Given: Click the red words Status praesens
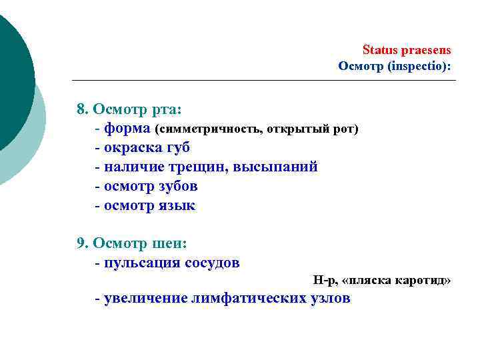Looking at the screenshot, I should tap(407, 50).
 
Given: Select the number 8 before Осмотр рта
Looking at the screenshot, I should tap(81, 109).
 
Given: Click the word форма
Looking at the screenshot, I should tap(127, 128).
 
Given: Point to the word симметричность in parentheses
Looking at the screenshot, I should tap(206, 129).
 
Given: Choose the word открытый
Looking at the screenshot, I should tap(291, 129).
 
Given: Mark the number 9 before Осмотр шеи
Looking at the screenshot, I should tap(81, 243).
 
